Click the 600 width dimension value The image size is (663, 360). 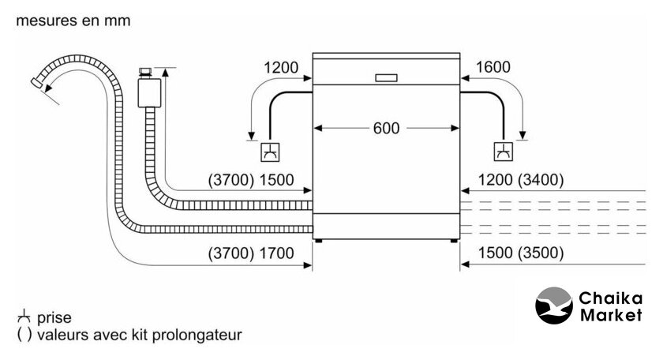(x=387, y=128)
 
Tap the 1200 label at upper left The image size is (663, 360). (x=281, y=68)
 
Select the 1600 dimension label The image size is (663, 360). (x=494, y=68)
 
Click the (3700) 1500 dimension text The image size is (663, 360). (x=250, y=180)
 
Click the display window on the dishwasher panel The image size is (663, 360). (x=387, y=78)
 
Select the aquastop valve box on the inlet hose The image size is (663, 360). (x=148, y=92)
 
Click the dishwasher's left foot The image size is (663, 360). (x=318, y=239)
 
